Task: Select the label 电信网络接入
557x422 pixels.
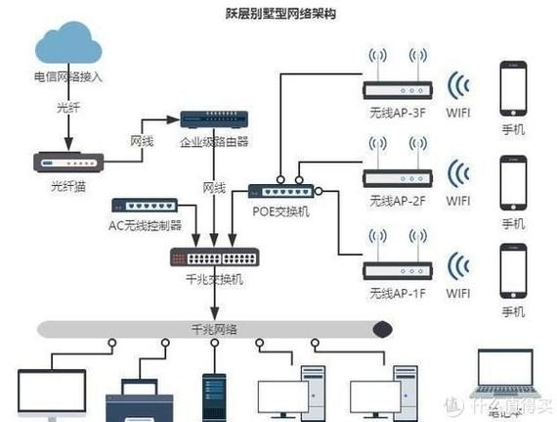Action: tap(67, 76)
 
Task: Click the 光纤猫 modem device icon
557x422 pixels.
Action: tap(67, 163)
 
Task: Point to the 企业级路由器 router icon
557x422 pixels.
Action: tap(213, 120)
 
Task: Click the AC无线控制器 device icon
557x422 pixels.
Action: tap(144, 206)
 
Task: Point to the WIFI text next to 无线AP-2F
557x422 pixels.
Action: tap(458, 202)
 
